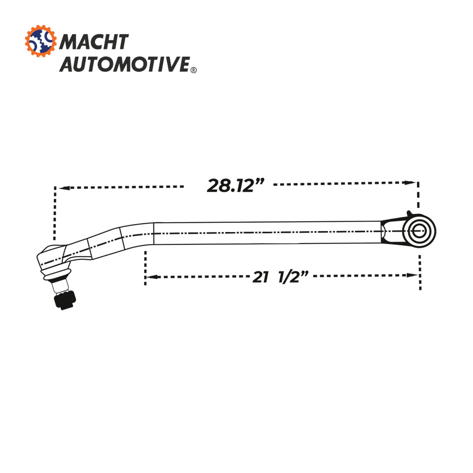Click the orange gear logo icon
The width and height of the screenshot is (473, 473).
[41, 41]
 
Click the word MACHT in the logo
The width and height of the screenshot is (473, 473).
[94, 42]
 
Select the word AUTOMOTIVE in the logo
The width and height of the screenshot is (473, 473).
[124, 64]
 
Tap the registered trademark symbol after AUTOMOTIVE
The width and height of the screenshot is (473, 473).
[194, 70]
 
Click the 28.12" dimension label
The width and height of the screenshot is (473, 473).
[236, 185]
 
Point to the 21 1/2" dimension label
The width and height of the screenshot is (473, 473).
[280, 277]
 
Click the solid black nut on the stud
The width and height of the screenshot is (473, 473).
[65, 300]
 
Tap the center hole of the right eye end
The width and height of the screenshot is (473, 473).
[419, 231]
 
